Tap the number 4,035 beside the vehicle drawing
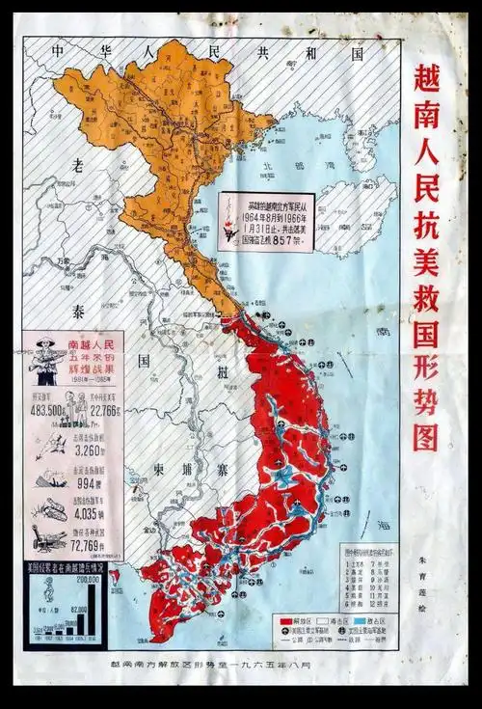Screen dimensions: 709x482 [88, 513]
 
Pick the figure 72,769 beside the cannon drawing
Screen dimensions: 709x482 [88, 548]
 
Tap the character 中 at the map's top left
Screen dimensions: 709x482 [60, 51]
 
